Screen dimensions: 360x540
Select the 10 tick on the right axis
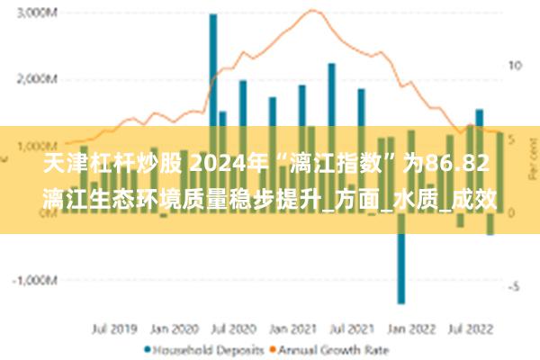[516, 67]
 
